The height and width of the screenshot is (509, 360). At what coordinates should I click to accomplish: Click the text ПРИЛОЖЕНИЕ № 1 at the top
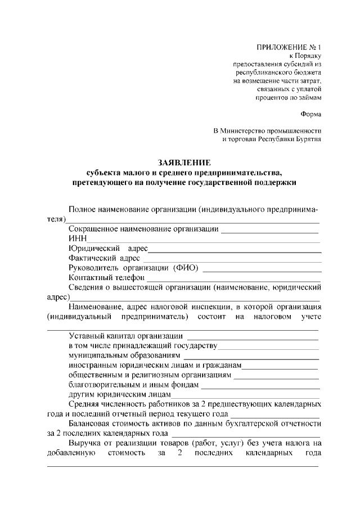point(290,47)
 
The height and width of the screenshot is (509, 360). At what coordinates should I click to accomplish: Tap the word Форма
point(310,114)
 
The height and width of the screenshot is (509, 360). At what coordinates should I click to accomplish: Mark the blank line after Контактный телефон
point(233,280)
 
